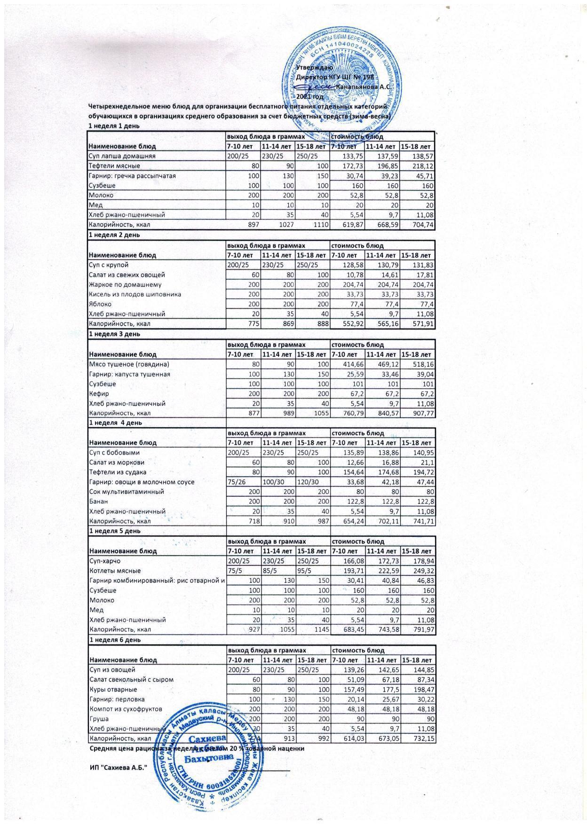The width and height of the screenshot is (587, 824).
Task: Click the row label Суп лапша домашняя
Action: [x=122, y=156]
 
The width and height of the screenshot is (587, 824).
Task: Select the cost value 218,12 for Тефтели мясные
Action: [x=422, y=166]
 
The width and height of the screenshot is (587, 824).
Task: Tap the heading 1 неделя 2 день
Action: [x=114, y=235]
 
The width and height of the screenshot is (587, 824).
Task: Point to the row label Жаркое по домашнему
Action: [x=125, y=284]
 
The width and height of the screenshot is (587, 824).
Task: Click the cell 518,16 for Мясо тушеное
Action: [x=422, y=364]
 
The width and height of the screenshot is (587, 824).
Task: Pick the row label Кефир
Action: [x=99, y=393]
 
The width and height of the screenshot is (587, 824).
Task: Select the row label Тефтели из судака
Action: [x=118, y=472]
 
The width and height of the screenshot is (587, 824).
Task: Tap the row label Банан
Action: [x=99, y=502]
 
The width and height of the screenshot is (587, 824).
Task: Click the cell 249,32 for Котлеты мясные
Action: [x=422, y=571]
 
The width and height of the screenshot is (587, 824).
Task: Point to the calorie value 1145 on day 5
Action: [x=318, y=629]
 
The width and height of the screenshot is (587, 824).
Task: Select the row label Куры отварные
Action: [x=113, y=690]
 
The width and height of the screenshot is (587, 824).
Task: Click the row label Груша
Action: [x=99, y=719]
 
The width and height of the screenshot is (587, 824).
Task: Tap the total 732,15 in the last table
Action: [x=422, y=738]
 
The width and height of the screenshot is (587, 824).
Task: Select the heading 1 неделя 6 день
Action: [x=114, y=640]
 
